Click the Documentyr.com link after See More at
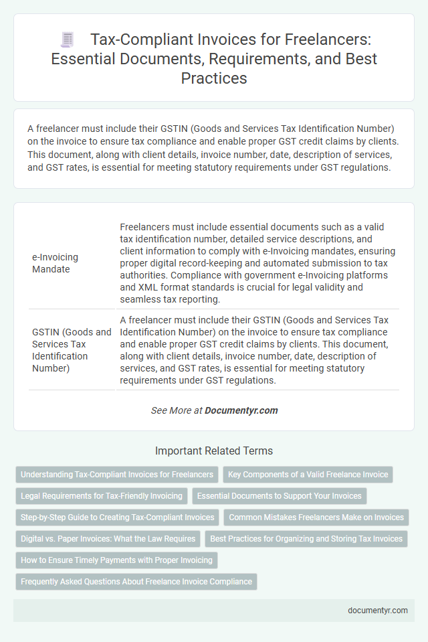[241, 410]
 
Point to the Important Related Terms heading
[214, 451]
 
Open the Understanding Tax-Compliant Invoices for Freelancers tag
[117, 475]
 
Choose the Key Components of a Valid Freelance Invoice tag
[308, 475]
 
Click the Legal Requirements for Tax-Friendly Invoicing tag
[101, 496]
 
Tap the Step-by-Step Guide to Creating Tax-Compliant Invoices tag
[117, 517]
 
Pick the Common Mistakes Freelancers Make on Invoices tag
[316, 517]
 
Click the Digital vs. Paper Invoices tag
[107, 538]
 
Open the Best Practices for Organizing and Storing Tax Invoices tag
[307, 538]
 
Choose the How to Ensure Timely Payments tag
[116, 560]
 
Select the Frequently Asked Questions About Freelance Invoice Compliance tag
[136, 581]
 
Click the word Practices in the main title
[213, 78]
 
